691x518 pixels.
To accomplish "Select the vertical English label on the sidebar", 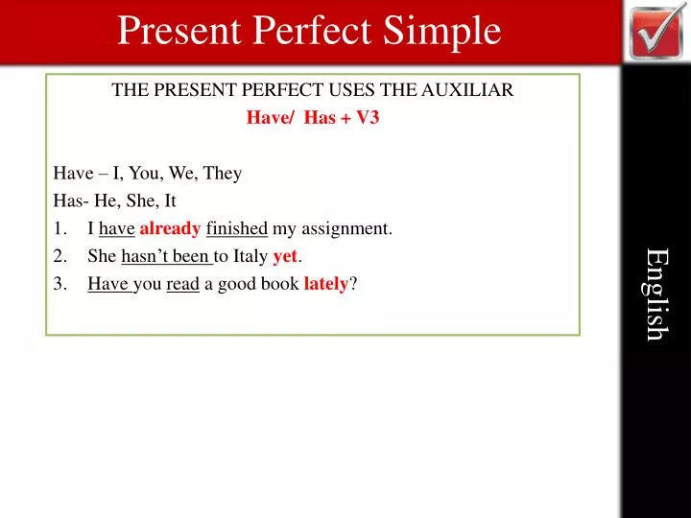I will click(655, 294).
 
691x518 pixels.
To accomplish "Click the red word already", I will click(171, 229).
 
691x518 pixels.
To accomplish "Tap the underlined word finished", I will click(236, 229).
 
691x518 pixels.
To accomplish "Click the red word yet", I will click(284, 257).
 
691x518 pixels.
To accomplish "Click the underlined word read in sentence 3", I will click(182, 285).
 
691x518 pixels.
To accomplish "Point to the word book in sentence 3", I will click(281, 285).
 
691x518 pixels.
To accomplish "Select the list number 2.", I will click(60, 257).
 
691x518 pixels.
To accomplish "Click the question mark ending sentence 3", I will click(354, 285).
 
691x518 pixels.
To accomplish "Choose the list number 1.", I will click(60, 229).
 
